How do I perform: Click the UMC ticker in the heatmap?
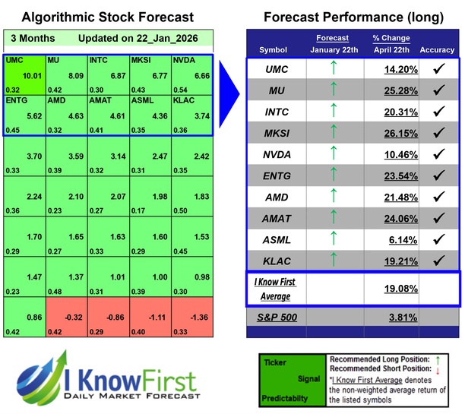(x=14, y=59)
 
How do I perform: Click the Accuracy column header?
(x=437, y=50)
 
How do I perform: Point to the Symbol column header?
(x=273, y=50)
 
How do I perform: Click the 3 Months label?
(x=30, y=38)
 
